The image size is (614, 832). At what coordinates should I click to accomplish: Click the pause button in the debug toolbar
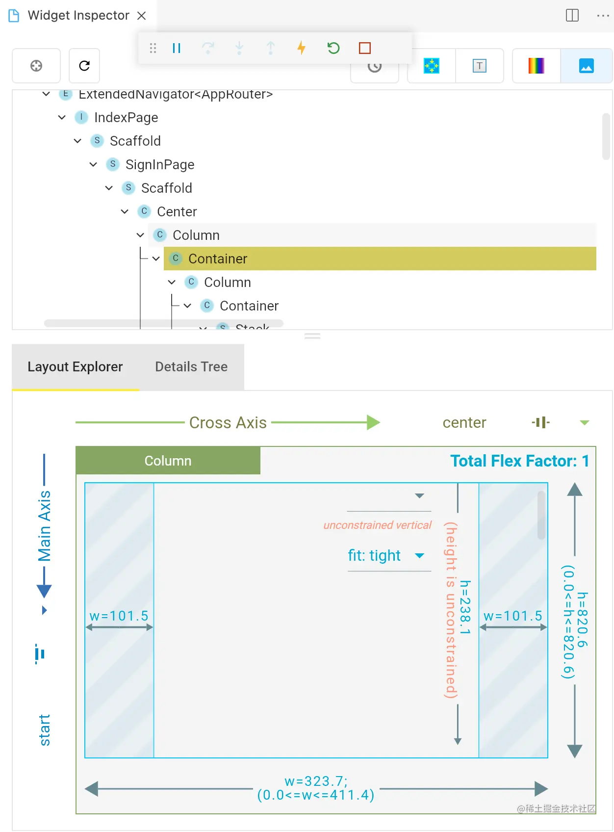tap(177, 48)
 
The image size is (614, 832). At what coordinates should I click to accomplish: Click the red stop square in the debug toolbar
tap(364, 48)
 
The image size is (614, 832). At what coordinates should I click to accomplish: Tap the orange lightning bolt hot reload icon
tap(301, 48)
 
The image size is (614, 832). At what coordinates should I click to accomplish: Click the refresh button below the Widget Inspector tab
tap(84, 66)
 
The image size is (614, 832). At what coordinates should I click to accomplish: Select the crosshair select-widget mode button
tap(36, 66)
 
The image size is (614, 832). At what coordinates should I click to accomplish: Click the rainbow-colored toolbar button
tap(536, 66)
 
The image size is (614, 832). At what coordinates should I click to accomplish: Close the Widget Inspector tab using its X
tap(142, 16)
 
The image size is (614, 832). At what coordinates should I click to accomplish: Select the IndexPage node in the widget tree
tap(126, 118)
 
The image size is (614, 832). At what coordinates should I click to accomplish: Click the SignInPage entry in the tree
tap(159, 165)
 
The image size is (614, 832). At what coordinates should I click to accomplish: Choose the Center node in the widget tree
tap(177, 212)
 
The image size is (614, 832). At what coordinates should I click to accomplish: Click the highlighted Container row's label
tap(217, 259)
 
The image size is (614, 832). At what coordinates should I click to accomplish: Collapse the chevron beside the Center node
tap(125, 212)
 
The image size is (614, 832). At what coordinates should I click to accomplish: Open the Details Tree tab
tap(191, 367)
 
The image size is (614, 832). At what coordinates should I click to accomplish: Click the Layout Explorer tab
tap(75, 367)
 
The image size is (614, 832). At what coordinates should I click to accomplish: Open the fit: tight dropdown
tap(419, 556)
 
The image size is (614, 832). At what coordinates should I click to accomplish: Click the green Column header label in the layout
tap(168, 461)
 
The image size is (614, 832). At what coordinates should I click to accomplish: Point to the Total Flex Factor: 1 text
tap(519, 461)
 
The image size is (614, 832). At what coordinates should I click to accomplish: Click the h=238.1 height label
tap(465, 607)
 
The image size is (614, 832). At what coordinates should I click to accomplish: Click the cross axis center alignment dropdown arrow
tap(584, 423)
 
